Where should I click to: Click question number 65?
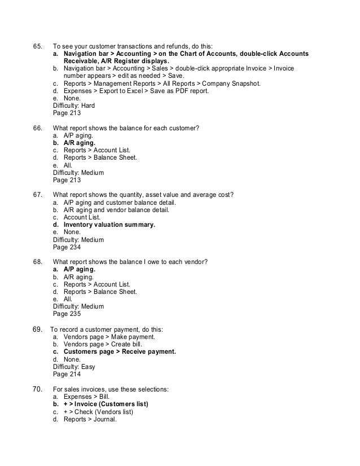[x=37, y=46]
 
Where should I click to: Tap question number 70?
[x=37, y=389]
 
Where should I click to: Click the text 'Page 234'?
[x=66, y=248]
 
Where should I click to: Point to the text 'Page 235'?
[x=66, y=314]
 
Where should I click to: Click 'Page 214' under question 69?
[x=66, y=374]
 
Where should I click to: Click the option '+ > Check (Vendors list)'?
[x=98, y=412]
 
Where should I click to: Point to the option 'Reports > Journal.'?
[x=90, y=420]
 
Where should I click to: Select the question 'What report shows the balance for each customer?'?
[x=125, y=128]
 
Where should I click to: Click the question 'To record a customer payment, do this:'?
[x=107, y=329]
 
